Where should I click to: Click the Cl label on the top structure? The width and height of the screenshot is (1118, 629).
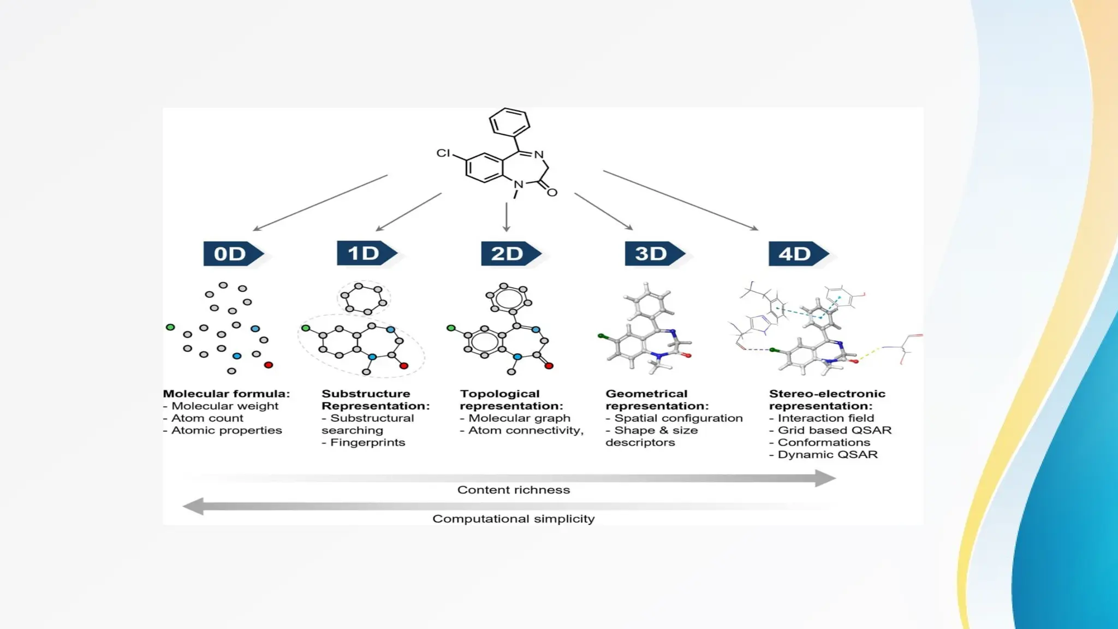click(443, 153)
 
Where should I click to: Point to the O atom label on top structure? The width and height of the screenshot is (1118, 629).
click(552, 192)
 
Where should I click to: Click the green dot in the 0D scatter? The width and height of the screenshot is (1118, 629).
click(170, 327)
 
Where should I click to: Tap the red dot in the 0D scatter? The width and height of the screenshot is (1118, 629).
click(268, 365)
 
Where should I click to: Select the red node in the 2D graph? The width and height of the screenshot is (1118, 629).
click(549, 366)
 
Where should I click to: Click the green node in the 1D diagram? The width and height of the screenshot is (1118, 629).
click(306, 328)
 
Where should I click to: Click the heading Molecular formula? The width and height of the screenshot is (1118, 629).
click(227, 394)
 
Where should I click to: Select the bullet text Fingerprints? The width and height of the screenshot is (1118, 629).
click(367, 442)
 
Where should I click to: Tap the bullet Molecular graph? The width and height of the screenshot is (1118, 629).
click(519, 418)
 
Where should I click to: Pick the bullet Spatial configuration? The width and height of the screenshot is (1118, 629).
click(678, 418)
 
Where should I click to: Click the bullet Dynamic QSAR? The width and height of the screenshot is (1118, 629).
click(827, 454)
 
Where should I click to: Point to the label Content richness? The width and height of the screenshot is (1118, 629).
click(513, 490)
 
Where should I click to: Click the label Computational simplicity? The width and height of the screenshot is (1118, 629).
click(513, 519)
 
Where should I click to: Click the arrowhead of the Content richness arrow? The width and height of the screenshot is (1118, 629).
click(825, 478)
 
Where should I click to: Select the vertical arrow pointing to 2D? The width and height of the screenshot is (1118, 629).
click(507, 217)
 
